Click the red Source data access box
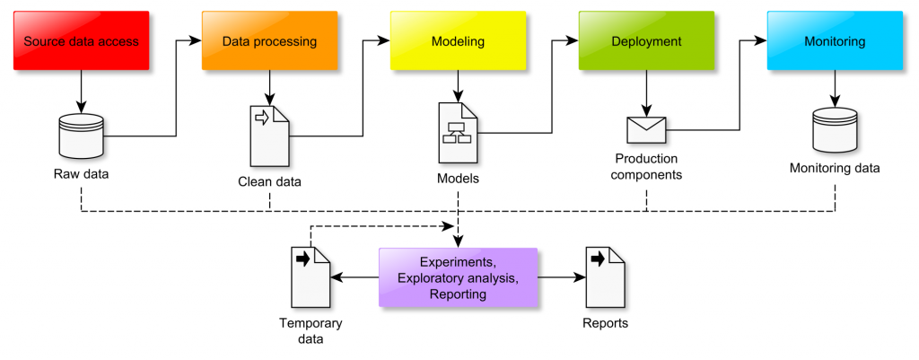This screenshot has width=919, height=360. [81, 41]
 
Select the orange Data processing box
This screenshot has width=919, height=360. [269, 41]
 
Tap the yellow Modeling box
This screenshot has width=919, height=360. [458, 41]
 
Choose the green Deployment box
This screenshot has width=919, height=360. [646, 41]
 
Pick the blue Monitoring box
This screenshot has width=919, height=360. [835, 41]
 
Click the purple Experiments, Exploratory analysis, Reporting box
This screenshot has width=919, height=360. [458, 277]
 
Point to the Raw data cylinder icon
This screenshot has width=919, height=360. [81, 135]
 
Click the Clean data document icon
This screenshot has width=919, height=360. [270, 136]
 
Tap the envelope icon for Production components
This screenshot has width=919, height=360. [646, 130]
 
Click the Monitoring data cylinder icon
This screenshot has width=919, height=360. [835, 130]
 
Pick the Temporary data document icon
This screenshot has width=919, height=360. [311, 277]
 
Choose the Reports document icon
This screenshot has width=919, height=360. [605, 277]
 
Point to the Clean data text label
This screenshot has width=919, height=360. [269, 181]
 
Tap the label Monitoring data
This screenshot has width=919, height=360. [835, 168]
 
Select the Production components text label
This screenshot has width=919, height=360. [646, 167]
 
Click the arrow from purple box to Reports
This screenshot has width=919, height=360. [561, 277]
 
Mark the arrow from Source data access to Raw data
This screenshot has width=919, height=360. [81, 90]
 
